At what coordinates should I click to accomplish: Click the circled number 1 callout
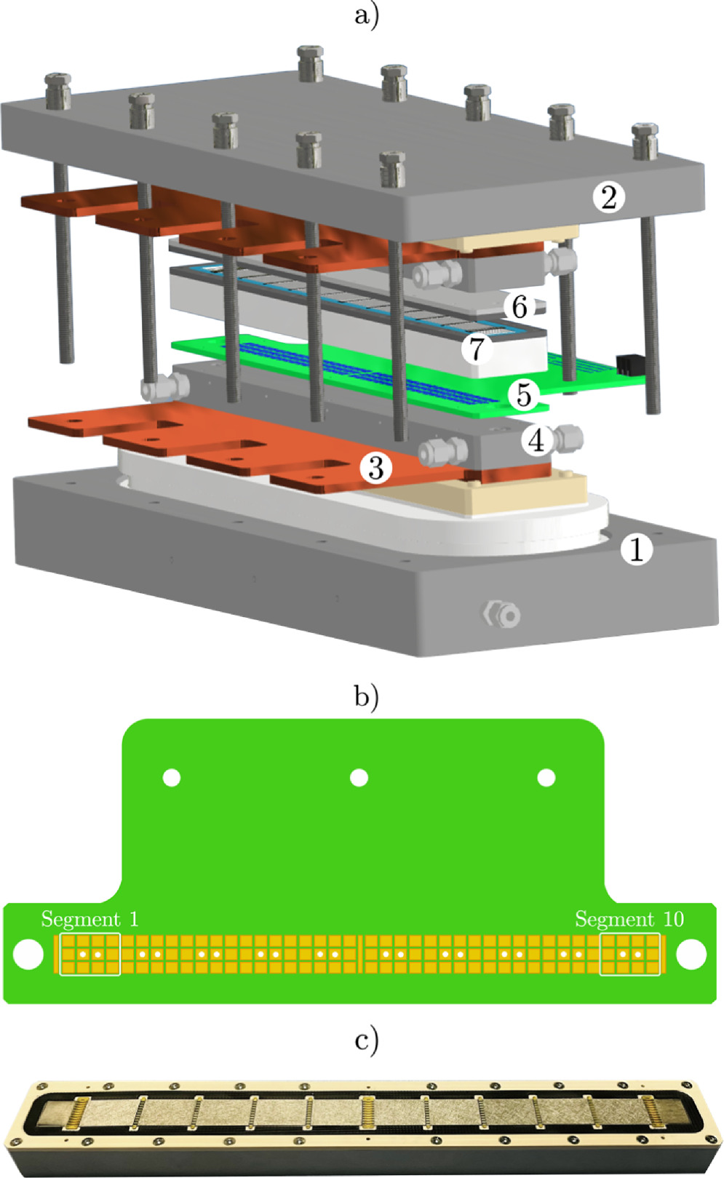click(x=637, y=550)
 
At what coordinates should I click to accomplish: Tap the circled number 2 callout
click(x=608, y=196)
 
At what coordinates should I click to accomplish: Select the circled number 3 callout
click(x=375, y=468)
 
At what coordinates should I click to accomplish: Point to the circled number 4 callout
click(x=536, y=439)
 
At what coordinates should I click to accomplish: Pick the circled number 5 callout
click(x=523, y=395)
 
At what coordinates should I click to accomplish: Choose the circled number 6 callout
click(x=520, y=307)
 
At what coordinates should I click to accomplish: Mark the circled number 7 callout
click(x=477, y=349)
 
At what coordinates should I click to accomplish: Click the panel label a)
click(x=366, y=15)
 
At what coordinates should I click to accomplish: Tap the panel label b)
click(x=366, y=696)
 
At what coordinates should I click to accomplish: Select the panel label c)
click(x=366, y=1040)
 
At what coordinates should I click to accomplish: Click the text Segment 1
click(x=89, y=919)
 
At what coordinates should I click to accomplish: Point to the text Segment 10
click(x=629, y=919)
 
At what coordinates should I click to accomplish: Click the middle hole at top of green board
click(x=359, y=778)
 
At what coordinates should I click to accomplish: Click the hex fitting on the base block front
click(x=502, y=615)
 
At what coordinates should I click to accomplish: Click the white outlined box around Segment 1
click(x=89, y=954)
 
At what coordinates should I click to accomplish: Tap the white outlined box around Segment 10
click(x=630, y=954)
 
